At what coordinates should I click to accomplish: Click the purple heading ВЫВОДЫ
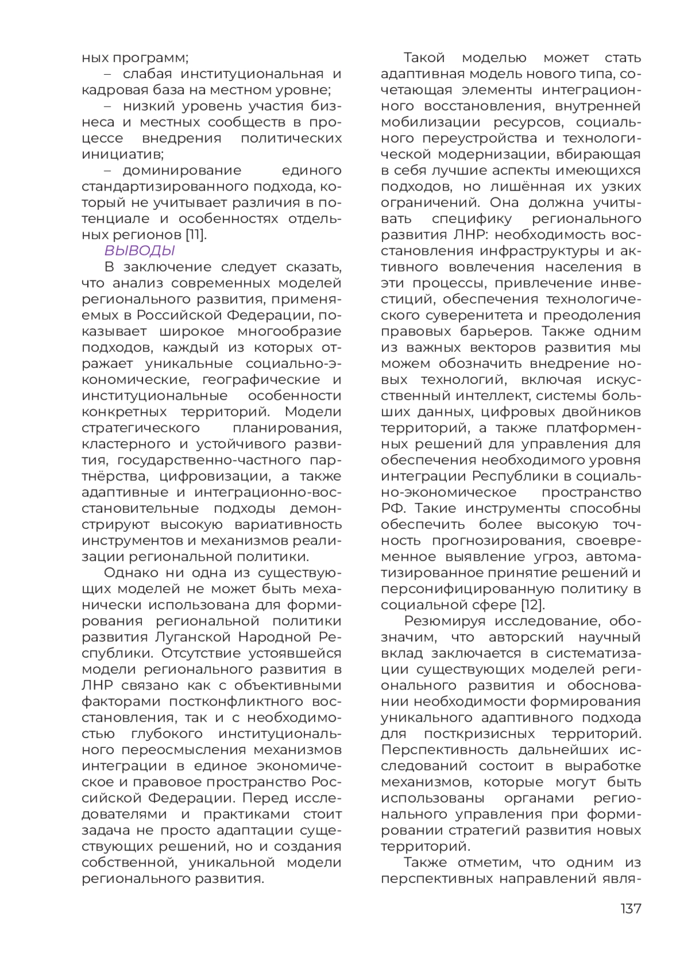pyautogui.click(x=139, y=251)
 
